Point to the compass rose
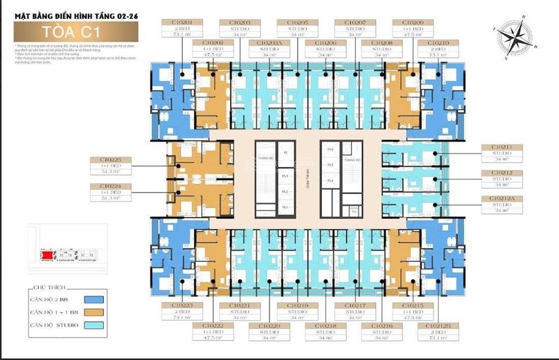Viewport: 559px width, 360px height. click(515, 38)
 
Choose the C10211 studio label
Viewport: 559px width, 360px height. click(501, 153)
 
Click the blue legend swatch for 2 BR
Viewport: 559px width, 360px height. click(92, 299)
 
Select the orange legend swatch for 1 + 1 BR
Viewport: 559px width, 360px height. click(92, 313)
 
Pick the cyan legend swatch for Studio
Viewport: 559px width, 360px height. click(92, 326)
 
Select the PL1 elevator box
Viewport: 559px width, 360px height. click(284, 208)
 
